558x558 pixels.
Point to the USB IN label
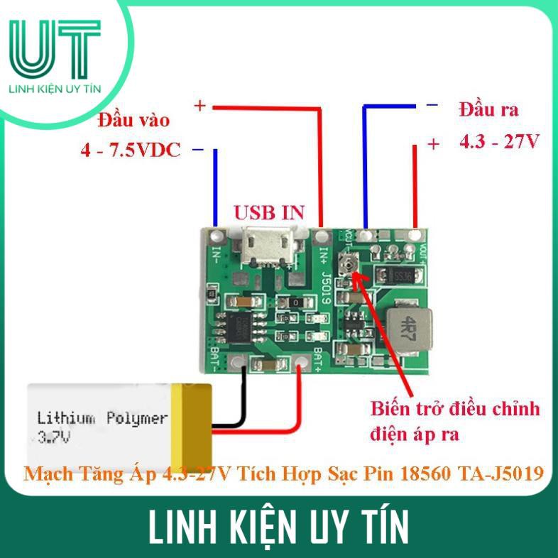[x=269, y=212]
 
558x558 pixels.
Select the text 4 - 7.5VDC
[x=131, y=151]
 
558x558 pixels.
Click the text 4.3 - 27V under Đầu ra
[x=499, y=141]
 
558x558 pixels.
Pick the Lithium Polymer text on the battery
[x=102, y=417]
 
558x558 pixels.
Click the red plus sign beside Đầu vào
[x=199, y=106]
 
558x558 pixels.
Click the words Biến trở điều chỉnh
[x=455, y=410]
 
